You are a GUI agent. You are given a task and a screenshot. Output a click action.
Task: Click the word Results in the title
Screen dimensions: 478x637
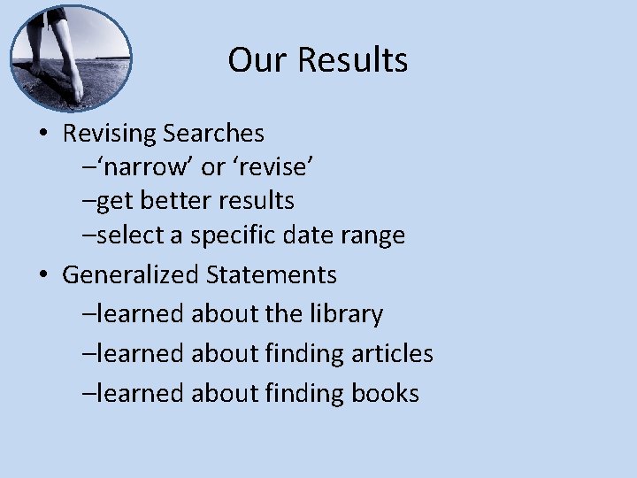tap(353, 60)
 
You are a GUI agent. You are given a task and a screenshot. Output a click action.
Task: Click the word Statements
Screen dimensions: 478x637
tap(272, 274)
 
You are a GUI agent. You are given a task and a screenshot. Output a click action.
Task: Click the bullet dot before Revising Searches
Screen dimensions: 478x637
tap(43, 135)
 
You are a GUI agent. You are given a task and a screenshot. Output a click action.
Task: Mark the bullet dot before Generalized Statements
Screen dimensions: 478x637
tap(43, 275)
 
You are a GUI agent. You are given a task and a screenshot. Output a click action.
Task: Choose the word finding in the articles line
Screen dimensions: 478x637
tap(302, 354)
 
